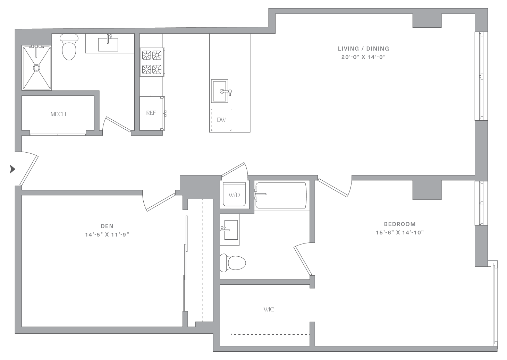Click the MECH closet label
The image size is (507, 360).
pyautogui.click(x=58, y=114)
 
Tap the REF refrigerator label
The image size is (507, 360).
pyautogui.click(x=151, y=113)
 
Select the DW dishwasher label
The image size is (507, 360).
pyautogui.click(x=221, y=120)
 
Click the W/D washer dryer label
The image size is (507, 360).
pyautogui.click(x=234, y=195)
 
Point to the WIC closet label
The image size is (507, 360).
pyautogui.click(x=269, y=309)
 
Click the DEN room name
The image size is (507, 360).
pyautogui.click(x=107, y=226)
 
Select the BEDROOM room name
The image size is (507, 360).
pyautogui.click(x=400, y=224)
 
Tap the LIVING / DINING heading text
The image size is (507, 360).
pyautogui.click(x=364, y=49)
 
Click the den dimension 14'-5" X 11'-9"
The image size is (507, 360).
pyautogui.click(x=107, y=235)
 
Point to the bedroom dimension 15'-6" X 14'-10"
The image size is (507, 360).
pyautogui.click(x=400, y=233)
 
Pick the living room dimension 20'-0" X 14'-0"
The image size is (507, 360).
pyautogui.click(x=364, y=57)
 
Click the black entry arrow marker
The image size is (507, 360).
pyautogui.click(x=12, y=169)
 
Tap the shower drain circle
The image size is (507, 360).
pyautogui.click(x=37, y=68)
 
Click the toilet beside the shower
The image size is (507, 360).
pyautogui.click(x=69, y=47)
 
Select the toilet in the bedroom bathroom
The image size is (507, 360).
pyautogui.click(x=233, y=263)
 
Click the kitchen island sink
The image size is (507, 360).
pyautogui.click(x=220, y=91)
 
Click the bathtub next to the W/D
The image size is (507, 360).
pyautogui.click(x=281, y=195)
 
